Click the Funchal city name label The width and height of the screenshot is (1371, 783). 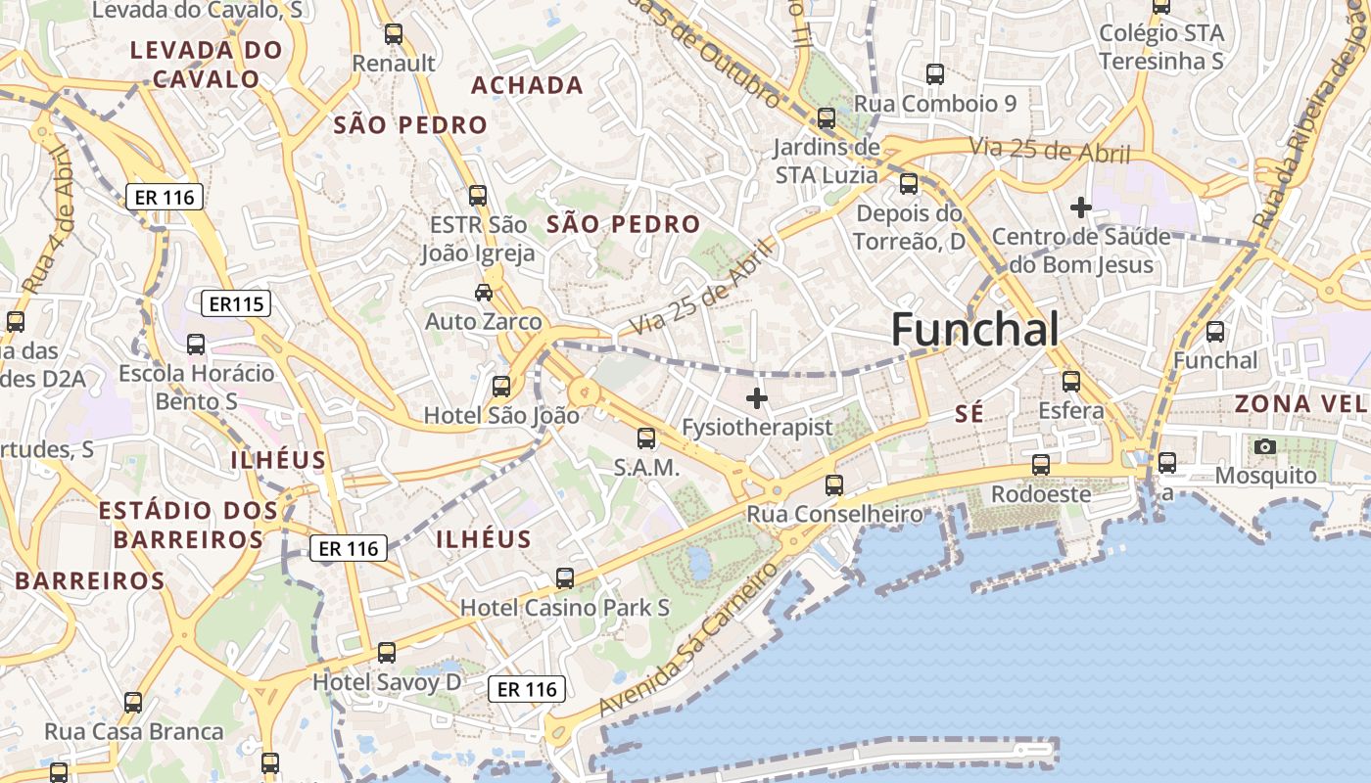tap(974, 330)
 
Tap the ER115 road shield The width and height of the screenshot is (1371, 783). tap(235, 303)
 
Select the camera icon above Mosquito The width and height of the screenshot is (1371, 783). tap(1265, 447)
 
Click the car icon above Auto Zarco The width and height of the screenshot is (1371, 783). tap(484, 292)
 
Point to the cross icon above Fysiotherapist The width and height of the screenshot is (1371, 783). tap(757, 398)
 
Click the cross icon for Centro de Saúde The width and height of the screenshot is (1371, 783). tap(1081, 207)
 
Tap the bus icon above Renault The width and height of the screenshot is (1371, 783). tap(394, 34)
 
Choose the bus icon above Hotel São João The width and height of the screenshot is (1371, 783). tap(501, 387)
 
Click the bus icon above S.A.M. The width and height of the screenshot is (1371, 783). tap(646, 438)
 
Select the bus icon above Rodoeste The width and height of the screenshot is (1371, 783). tap(1041, 465)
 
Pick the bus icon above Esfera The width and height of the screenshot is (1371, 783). tap(1071, 382)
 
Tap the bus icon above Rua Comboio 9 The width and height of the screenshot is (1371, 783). tap(935, 74)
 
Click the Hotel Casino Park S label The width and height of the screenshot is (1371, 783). tap(565, 608)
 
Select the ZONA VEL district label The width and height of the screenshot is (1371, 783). tap(1300, 403)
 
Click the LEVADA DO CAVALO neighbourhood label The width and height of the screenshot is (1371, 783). tap(207, 65)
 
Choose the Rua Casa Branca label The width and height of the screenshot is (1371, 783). tap(134, 731)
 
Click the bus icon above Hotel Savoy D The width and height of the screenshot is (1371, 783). tap(387, 653)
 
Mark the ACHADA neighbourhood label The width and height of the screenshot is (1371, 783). tap(527, 85)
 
